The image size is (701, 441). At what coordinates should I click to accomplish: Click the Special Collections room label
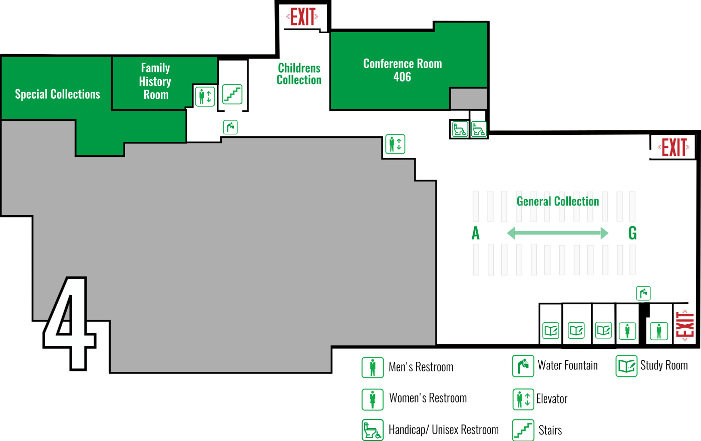pyautogui.click(x=58, y=94)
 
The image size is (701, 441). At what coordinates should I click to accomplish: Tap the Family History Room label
pyautogui.click(x=155, y=81)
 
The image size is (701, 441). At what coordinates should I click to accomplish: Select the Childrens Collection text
pyautogui.click(x=299, y=74)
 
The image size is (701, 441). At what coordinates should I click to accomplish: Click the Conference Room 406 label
pyautogui.click(x=403, y=70)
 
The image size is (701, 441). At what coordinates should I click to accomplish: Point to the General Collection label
pyautogui.click(x=558, y=201)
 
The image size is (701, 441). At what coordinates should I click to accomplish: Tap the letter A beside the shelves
pyautogui.click(x=476, y=234)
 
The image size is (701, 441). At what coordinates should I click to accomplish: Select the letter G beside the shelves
pyautogui.click(x=632, y=234)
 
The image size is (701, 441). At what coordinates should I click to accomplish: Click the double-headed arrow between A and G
pyautogui.click(x=557, y=233)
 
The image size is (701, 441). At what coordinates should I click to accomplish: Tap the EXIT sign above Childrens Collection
pyautogui.click(x=302, y=17)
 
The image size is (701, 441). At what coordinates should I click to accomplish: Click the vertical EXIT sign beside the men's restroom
pyautogui.click(x=685, y=325)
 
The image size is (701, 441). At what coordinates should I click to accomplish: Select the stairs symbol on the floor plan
pyautogui.click(x=232, y=94)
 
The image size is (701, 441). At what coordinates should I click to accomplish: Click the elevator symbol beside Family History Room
pyautogui.click(x=205, y=96)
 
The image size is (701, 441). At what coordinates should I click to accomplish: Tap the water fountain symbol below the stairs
pyautogui.click(x=230, y=127)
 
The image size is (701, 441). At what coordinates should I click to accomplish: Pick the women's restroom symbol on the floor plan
pyautogui.click(x=627, y=331)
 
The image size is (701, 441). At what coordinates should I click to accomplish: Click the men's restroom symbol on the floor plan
pyautogui.click(x=659, y=331)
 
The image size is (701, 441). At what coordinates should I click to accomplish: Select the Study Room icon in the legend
pyautogui.click(x=626, y=366)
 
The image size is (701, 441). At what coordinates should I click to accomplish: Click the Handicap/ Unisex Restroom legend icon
pyautogui.click(x=373, y=430)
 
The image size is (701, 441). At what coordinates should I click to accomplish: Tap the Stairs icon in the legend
pyautogui.click(x=523, y=430)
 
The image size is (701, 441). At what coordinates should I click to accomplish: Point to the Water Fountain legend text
pyautogui.click(x=568, y=365)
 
